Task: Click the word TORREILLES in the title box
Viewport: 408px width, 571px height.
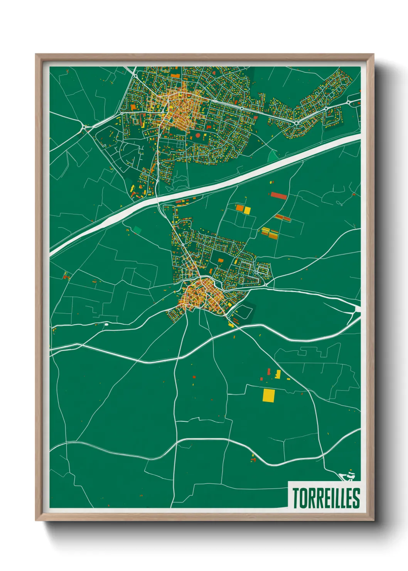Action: [x=326, y=498]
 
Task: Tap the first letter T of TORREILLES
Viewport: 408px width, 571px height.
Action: [x=295, y=498]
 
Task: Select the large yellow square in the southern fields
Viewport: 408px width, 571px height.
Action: [x=269, y=395]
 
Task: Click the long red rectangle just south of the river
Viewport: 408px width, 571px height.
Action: [x=278, y=196]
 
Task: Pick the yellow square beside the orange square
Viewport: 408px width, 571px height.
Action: [x=247, y=210]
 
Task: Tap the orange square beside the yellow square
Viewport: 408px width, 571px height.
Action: [x=239, y=208]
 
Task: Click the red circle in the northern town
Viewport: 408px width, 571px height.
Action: [x=198, y=135]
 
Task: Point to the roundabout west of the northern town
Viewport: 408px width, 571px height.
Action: [x=84, y=127]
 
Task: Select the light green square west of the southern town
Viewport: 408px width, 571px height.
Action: [x=137, y=230]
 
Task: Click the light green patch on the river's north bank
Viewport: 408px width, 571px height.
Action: [x=273, y=156]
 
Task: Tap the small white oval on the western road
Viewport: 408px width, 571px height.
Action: [x=106, y=324]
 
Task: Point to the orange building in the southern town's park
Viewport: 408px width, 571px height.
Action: [x=221, y=260]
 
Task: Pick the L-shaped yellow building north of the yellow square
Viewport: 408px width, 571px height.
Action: [x=278, y=374]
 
